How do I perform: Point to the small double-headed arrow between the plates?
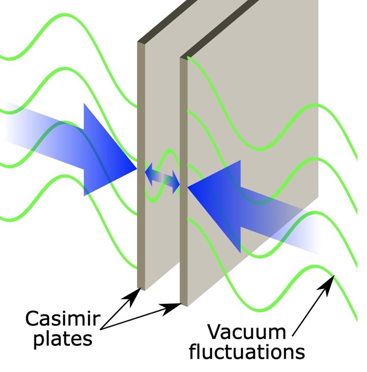162,178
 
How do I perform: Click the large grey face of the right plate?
257,92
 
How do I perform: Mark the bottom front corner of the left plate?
142,289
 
